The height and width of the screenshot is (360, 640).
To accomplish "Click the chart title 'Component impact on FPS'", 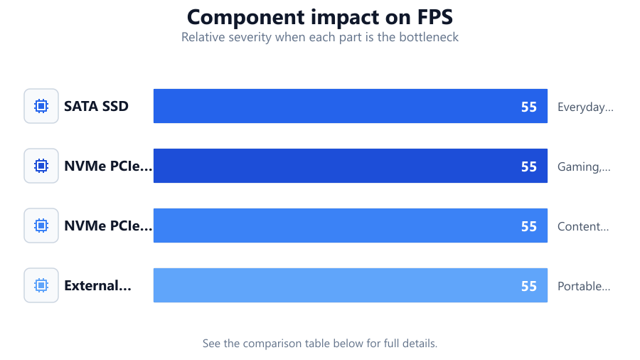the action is click(320, 18).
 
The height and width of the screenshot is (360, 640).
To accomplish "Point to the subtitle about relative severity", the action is click(320, 37).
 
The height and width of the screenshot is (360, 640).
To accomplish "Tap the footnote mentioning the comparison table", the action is click(320, 343).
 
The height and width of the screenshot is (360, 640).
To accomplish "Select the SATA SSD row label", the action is click(96, 106).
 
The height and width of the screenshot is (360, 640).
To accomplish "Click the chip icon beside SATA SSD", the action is click(41, 106).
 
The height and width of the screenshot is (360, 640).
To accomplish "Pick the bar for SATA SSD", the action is click(350, 106).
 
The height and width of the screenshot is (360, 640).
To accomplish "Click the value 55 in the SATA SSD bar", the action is click(528, 107).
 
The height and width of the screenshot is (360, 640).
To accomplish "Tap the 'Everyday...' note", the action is click(585, 107).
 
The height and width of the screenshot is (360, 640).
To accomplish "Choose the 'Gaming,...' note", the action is click(584, 166).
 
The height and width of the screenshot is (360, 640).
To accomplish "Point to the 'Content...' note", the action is click(583, 226).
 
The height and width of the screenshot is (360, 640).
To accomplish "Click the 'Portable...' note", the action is click(584, 286).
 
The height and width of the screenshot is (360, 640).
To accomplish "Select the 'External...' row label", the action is click(97, 285).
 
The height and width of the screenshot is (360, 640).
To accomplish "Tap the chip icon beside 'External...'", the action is click(41, 285).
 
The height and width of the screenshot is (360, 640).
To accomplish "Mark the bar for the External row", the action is click(350, 285).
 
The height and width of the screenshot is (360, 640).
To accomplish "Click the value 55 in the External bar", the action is click(528, 286).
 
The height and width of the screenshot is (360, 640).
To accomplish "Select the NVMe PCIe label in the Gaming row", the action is click(108, 166).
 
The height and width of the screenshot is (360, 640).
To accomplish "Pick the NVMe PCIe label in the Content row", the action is click(108, 226).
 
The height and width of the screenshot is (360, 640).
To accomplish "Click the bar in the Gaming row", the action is click(350, 166).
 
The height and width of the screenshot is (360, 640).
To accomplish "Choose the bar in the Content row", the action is click(350, 226).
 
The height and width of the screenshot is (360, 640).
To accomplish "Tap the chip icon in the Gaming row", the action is click(41, 166).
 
